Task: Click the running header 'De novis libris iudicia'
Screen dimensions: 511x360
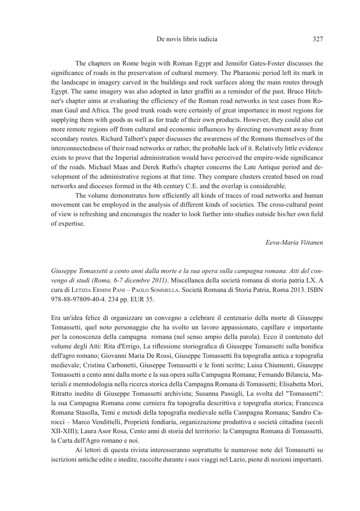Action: pos(180,38)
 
